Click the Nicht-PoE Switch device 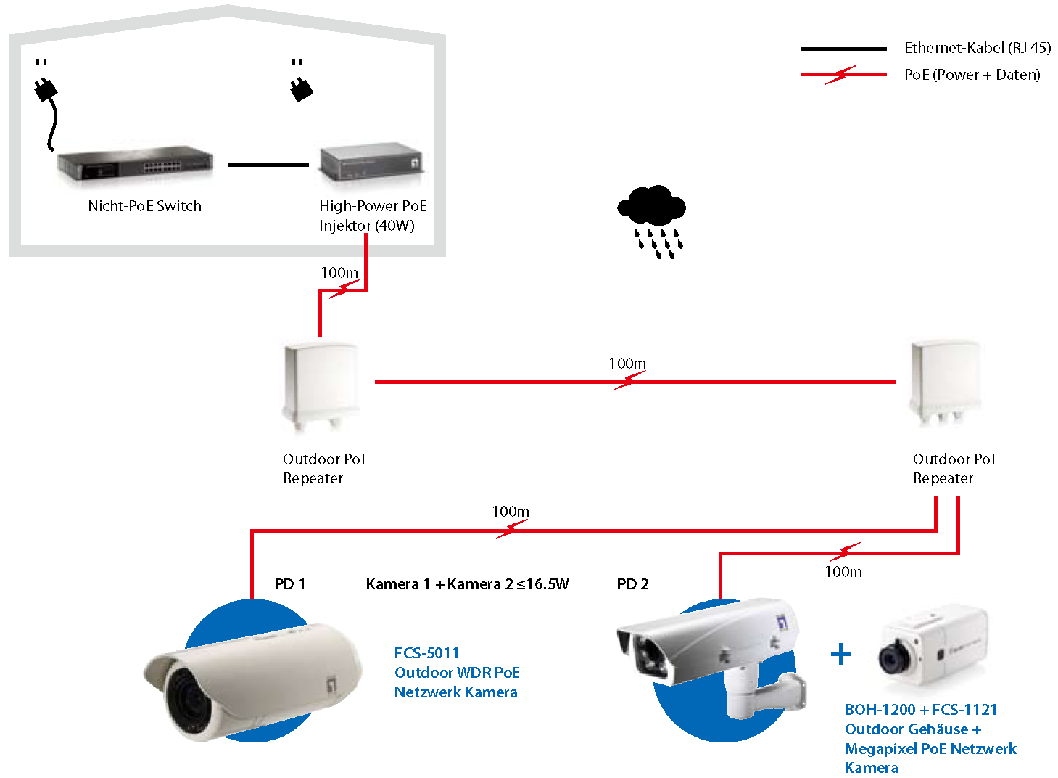coord(136,165)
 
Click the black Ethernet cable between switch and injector coord(268,165)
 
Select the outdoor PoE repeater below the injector coord(320,385)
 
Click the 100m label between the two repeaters coord(627,364)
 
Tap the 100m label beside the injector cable coord(339,273)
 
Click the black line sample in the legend coord(843,49)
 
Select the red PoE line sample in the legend coord(843,74)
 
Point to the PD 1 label coord(289,584)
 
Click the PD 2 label coord(632,584)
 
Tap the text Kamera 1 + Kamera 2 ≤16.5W coord(467,584)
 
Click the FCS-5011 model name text coord(426,653)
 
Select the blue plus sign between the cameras coord(840,655)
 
